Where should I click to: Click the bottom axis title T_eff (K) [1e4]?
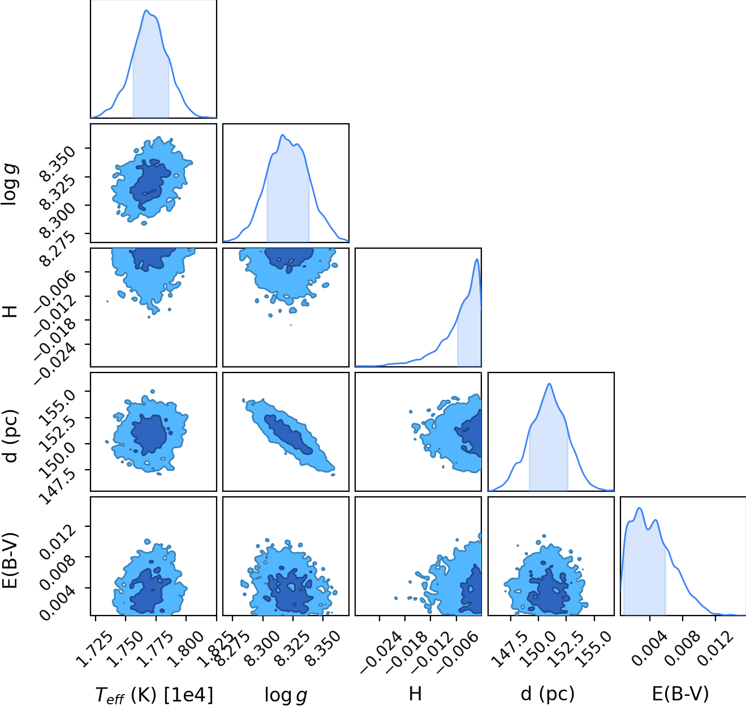tap(154, 695)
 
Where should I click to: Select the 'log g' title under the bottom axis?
tap(286, 695)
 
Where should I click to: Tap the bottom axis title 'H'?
tap(415, 694)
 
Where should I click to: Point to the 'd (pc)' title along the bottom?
tap(547, 694)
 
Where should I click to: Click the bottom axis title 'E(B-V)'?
tap(680, 694)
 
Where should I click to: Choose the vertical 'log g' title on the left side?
tap(10, 184)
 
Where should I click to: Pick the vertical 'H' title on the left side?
tap(10, 311)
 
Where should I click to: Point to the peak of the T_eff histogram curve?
tap(146, 10)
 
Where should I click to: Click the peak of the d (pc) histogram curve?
tap(549, 384)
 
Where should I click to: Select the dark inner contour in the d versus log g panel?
tap(288, 434)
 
